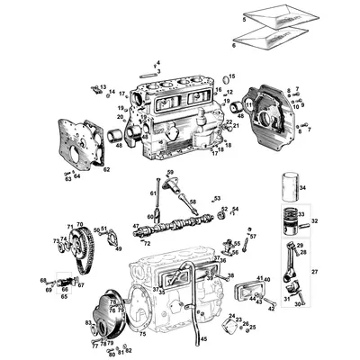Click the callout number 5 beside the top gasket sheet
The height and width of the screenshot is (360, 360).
(x=244, y=18)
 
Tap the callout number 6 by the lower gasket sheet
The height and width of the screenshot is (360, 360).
(x=235, y=42)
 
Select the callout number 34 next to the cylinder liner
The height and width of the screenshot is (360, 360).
(x=302, y=188)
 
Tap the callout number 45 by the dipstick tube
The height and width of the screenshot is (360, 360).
(x=203, y=338)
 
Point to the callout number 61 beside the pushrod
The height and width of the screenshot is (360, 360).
(x=153, y=192)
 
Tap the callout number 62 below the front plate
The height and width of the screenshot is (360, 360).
(x=106, y=168)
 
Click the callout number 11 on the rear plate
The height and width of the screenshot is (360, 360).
(x=249, y=105)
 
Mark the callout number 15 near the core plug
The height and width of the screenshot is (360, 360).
(x=231, y=77)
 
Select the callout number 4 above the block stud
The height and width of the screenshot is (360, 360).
(x=157, y=62)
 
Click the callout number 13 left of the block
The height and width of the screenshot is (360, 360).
(x=103, y=86)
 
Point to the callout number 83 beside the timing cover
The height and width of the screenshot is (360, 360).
(x=88, y=321)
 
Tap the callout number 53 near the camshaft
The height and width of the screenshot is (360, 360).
(x=217, y=198)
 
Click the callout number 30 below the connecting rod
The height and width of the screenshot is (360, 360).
(x=297, y=304)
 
